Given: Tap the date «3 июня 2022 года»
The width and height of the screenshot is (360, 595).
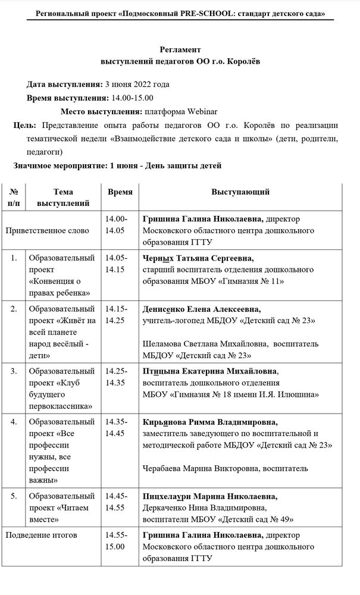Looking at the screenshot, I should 136,84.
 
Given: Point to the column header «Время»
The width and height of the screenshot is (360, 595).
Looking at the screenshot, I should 120,192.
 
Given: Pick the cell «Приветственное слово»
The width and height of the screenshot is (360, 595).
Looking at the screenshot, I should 47,230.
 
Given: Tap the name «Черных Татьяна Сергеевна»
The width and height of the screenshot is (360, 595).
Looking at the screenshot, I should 198,258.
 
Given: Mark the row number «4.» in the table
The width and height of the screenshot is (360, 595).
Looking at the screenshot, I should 14,422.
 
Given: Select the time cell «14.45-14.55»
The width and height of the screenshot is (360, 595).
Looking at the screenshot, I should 115,502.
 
